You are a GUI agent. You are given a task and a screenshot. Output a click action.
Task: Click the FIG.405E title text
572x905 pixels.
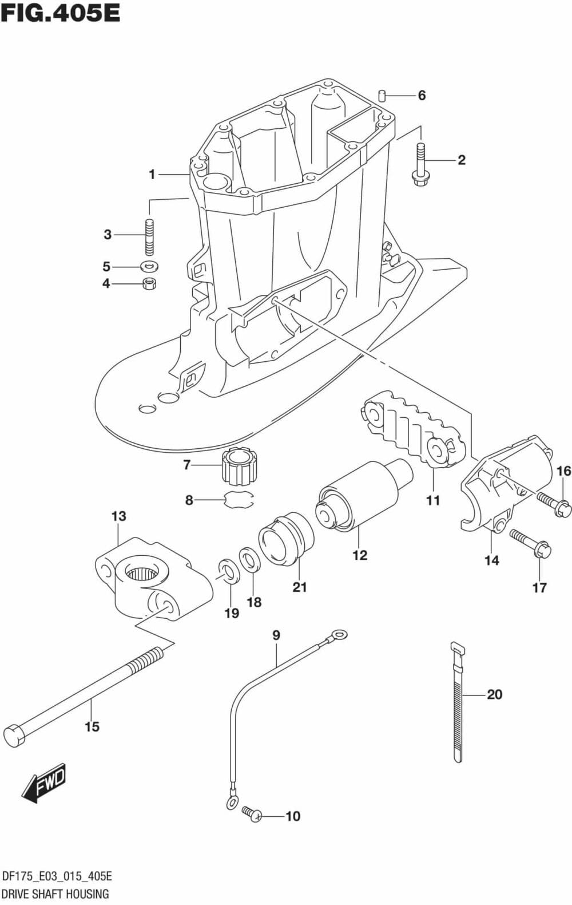click(61, 12)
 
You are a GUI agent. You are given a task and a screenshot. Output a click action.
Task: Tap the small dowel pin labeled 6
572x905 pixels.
click(383, 95)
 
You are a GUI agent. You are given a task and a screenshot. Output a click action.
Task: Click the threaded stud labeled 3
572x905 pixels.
click(150, 235)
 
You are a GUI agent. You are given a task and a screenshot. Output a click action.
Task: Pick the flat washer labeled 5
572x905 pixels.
click(150, 266)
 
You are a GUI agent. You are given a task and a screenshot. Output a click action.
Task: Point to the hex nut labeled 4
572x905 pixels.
click(150, 283)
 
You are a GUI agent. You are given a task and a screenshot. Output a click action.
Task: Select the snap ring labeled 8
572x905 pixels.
click(239, 500)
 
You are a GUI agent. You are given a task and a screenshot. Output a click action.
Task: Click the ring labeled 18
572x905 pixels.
click(249, 559)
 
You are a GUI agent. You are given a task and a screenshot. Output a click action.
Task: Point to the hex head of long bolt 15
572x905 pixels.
click(14, 736)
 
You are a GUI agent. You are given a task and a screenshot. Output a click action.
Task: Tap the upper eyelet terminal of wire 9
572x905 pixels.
click(339, 634)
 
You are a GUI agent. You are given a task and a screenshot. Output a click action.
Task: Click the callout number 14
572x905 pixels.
click(491, 560)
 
